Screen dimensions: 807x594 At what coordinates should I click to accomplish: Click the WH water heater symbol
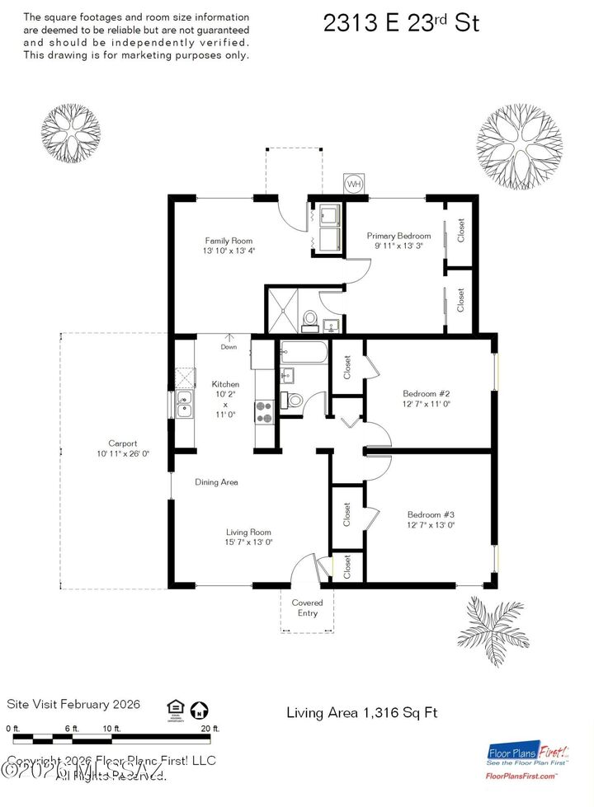[354, 183]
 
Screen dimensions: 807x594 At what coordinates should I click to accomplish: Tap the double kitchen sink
[185, 405]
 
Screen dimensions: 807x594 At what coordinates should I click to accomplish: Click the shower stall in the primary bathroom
[286, 308]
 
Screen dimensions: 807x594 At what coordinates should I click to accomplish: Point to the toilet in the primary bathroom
[311, 319]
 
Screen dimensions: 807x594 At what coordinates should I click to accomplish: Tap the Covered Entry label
[307, 608]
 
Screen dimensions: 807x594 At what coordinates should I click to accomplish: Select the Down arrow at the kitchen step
[229, 339]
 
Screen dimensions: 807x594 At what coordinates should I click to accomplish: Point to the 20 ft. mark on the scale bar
[210, 729]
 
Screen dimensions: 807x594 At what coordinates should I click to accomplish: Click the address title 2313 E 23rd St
[401, 23]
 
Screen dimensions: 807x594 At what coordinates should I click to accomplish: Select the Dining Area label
[217, 482]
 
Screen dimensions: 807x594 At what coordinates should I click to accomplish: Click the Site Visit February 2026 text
[73, 705]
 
